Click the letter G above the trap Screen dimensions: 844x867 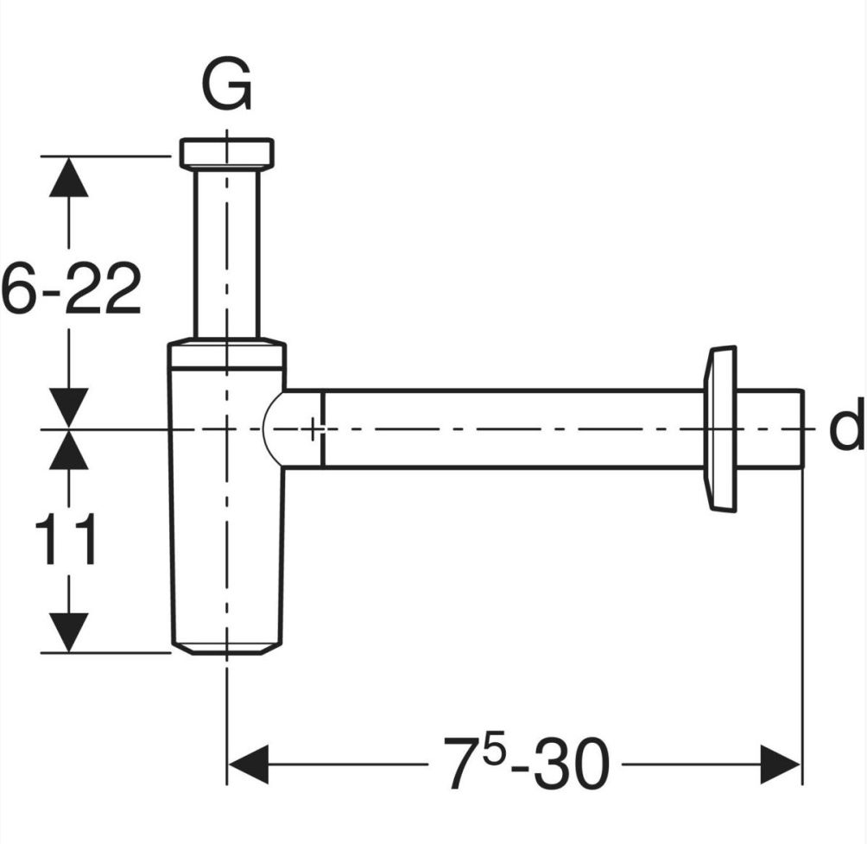pos(226,86)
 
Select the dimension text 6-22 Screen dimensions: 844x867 pos(71,289)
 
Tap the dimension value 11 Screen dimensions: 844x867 pos(66,540)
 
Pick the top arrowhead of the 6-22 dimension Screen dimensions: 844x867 pos(68,178)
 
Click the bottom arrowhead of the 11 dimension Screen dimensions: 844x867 pos(68,631)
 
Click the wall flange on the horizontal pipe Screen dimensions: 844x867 pos(721,428)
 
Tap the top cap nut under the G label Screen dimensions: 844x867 pos(226,153)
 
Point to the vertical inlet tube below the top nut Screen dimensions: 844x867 pos(226,251)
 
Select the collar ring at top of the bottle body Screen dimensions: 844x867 pos(226,355)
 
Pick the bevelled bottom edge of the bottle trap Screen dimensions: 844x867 pos(226,647)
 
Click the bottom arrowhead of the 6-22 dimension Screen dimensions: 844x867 pos(68,407)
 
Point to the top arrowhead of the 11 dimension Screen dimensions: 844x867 pos(68,450)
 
